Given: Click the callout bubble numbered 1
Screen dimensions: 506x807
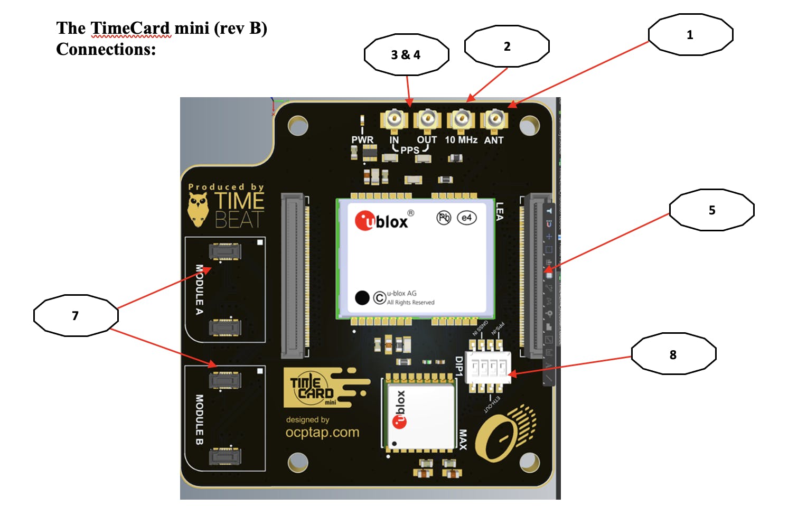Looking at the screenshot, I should click(690, 35).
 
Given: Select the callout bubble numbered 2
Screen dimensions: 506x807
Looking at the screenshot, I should click(506, 46).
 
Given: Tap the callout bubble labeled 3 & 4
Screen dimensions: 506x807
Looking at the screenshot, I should click(406, 55).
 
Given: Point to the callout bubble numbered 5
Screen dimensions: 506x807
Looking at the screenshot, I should click(711, 210).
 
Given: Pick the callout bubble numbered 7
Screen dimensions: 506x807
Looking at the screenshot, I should click(76, 316).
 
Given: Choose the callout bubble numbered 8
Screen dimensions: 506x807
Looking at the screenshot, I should click(673, 354).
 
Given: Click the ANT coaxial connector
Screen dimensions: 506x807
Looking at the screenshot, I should click(494, 119).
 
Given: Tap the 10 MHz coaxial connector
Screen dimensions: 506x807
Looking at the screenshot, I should click(461, 119).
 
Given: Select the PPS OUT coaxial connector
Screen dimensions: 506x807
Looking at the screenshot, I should click(427, 119).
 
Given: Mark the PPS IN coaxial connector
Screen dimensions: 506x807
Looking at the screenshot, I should click(394, 119).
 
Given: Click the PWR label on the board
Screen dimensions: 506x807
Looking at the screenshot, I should click(362, 140).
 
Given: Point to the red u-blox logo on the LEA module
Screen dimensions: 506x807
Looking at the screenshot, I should click(364, 221).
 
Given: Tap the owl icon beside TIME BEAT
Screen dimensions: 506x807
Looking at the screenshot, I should click(198, 209).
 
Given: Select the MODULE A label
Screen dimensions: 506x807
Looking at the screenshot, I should click(199, 289).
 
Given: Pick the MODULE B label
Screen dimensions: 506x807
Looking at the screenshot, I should click(199, 419).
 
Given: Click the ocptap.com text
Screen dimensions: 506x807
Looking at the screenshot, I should click(322, 433).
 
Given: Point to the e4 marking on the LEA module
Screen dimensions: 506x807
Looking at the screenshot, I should click(466, 218).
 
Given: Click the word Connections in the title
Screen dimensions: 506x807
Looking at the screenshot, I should click(106, 49).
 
